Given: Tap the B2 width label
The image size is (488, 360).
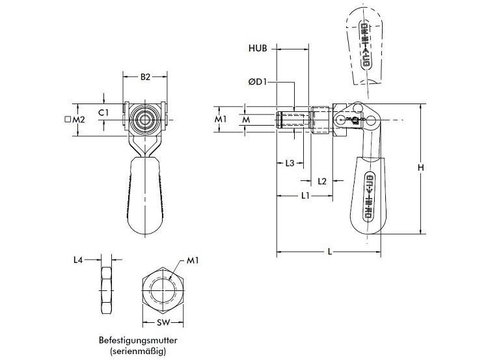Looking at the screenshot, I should [x=146, y=77].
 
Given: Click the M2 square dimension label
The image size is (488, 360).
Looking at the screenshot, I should [x=75, y=120].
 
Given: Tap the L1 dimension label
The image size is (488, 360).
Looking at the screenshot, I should [x=305, y=196].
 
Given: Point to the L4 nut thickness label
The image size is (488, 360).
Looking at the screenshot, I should [x=78, y=260].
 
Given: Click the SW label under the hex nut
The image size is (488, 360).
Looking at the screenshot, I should [x=164, y=324].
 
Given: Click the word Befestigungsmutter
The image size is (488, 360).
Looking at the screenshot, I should [x=138, y=340].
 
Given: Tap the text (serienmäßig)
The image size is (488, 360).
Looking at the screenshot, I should [x=138, y=351].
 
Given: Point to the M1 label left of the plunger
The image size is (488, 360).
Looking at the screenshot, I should [x=220, y=120].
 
